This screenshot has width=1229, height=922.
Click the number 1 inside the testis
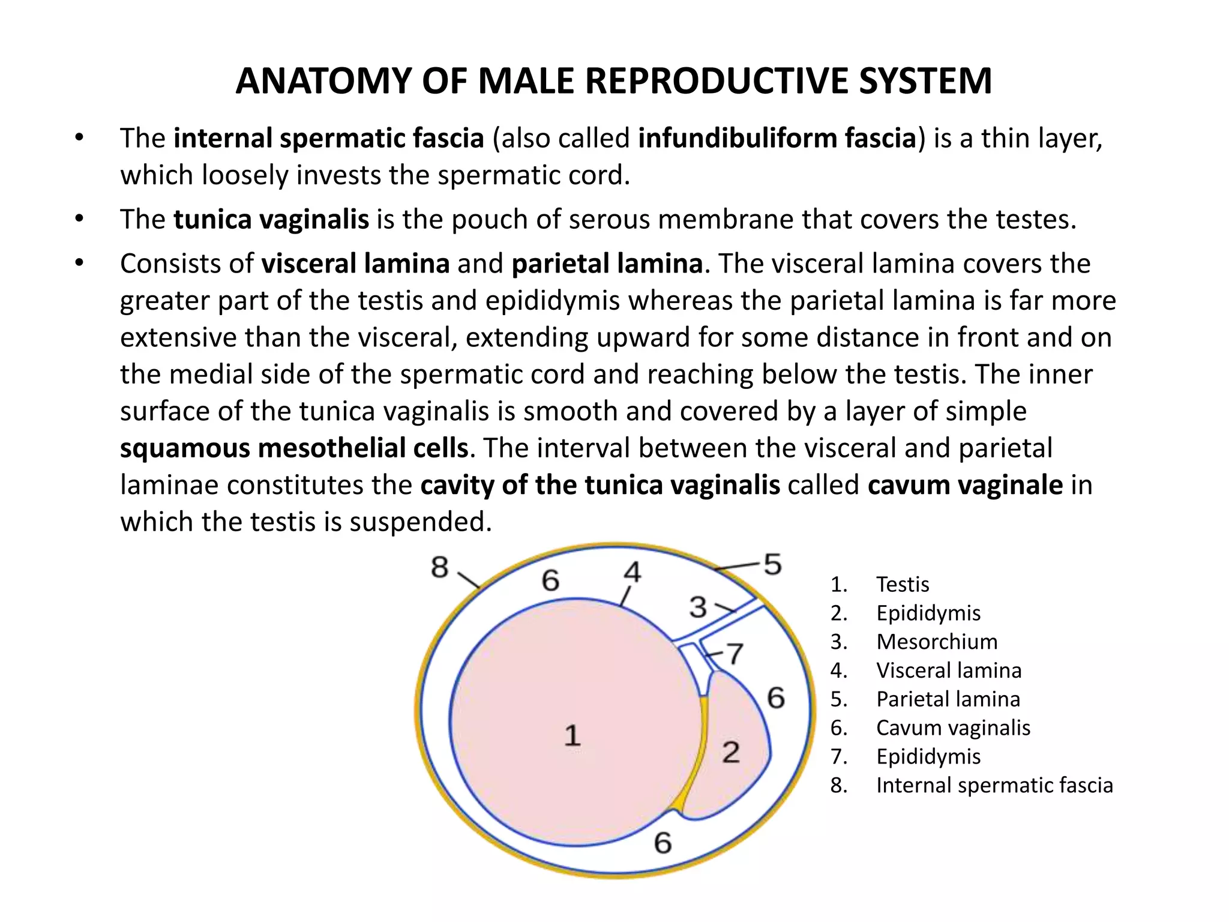(572, 735)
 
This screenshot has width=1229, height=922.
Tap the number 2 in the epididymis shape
(730, 752)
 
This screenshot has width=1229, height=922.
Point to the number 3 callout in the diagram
(698, 607)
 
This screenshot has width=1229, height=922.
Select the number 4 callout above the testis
(633, 572)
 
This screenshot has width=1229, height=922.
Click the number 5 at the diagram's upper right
(772, 564)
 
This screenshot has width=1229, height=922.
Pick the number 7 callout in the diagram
(735, 654)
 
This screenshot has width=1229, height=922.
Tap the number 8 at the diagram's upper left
(440, 567)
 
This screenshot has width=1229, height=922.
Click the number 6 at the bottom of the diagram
(663, 843)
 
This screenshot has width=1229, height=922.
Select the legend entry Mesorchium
(937, 642)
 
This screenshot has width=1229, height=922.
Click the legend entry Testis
(903, 584)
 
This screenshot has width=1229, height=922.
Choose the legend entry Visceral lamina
(949, 670)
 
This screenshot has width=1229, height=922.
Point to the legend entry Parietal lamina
(948, 699)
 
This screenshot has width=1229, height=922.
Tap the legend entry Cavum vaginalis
(953, 728)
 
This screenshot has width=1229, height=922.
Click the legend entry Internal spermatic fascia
(994, 785)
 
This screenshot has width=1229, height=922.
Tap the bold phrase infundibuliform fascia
(777, 138)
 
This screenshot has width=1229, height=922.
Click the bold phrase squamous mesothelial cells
(294, 448)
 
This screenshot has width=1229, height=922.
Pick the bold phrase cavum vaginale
(965, 485)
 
